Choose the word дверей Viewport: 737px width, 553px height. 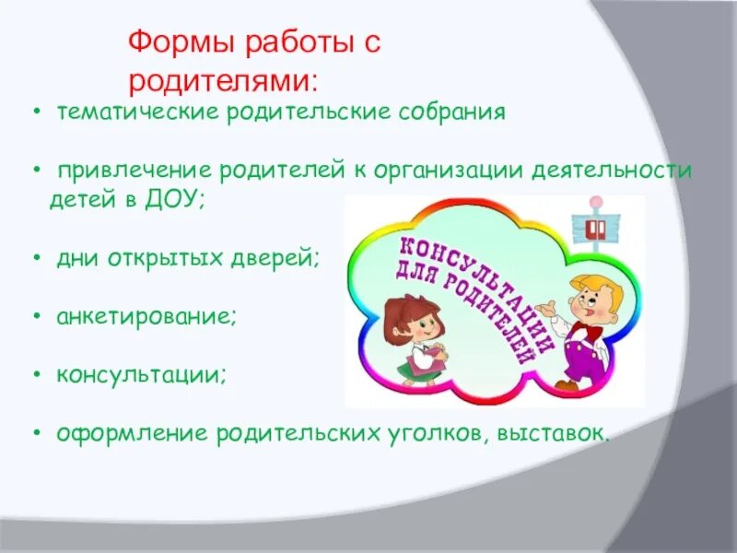pyautogui.click(x=279, y=259)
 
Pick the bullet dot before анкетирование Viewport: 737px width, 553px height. pyautogui.click(x=35, y=318)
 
